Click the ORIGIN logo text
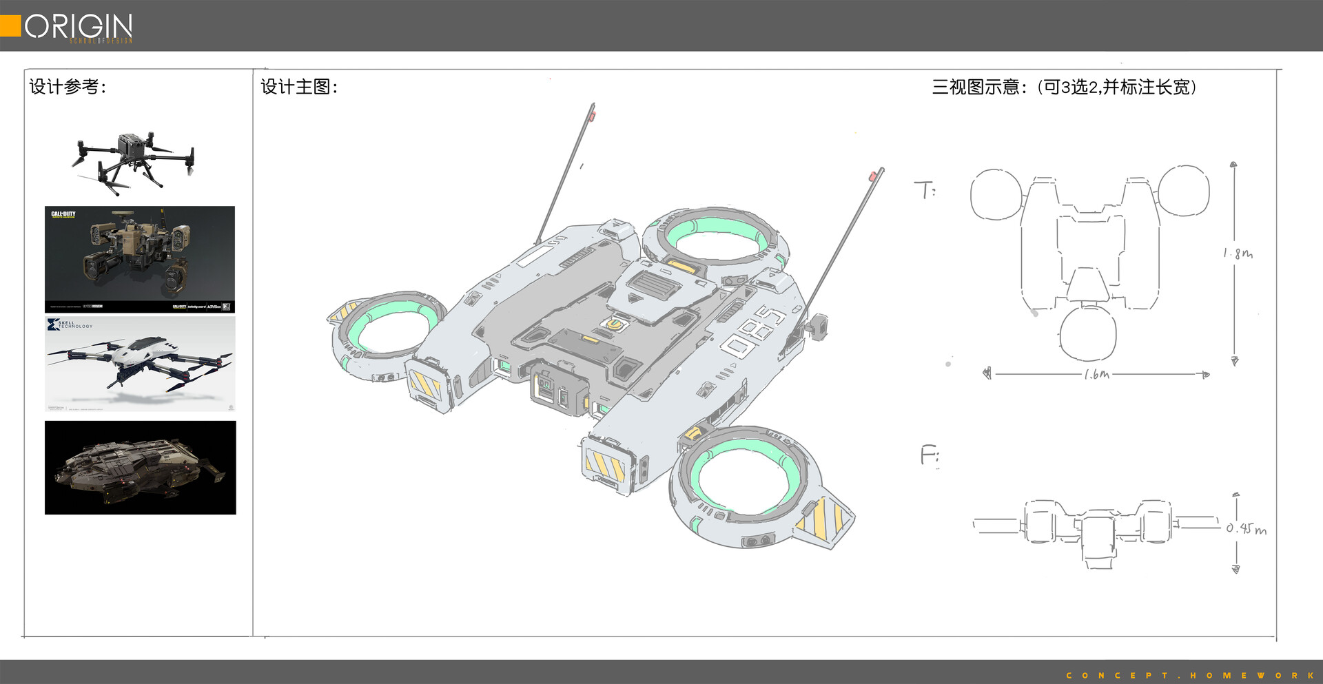coord(79,26)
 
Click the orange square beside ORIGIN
coord(10,25)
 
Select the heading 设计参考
coord(68,87)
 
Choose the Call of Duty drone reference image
coord(140,259)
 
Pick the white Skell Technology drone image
coord(140,364)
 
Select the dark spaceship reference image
coord(140,467)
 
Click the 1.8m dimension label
coord(1238,253)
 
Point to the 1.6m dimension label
coord(1096,375)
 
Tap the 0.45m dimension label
coord(1246,529)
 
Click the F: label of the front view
coord(930,455)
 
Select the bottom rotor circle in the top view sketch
coord(1087,333)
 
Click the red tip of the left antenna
coord(593,114)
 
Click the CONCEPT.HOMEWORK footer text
coord(1191,675)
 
